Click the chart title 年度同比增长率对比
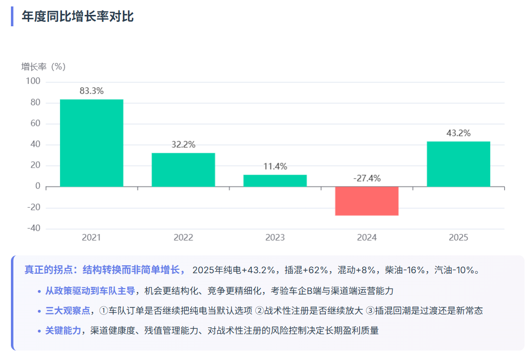[78, 16]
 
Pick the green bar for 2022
[183, 170]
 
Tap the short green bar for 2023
[275, 180]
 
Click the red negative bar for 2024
[367, 201]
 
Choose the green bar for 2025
[459, 164]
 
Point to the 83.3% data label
[92, 91]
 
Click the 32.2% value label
[183, 145]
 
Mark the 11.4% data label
[275, 167]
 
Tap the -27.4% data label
[367, 179]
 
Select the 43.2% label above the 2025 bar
[459, 133]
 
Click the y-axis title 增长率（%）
[44, 66]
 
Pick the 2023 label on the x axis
[275, 238]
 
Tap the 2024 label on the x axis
[367, 238]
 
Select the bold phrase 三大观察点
[68, 311]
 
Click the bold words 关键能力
[63, 330]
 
